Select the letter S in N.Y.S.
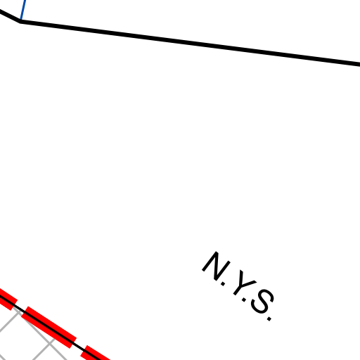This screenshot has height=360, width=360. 262,302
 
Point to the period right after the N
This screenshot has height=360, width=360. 223,284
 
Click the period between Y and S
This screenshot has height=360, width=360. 244,300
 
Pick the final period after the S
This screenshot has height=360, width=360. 269,319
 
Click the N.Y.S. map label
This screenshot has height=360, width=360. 238,286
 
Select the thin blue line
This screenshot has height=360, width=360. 23,10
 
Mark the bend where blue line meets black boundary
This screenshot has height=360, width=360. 20,21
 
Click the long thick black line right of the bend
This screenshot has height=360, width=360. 191,43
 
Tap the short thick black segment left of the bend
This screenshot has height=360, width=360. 10,16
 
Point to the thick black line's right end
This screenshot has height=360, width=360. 359,65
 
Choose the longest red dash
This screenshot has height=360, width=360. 49,327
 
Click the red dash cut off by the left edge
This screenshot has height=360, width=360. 7,299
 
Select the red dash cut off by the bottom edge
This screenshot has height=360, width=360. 95,354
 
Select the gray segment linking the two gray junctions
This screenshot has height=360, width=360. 34,327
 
